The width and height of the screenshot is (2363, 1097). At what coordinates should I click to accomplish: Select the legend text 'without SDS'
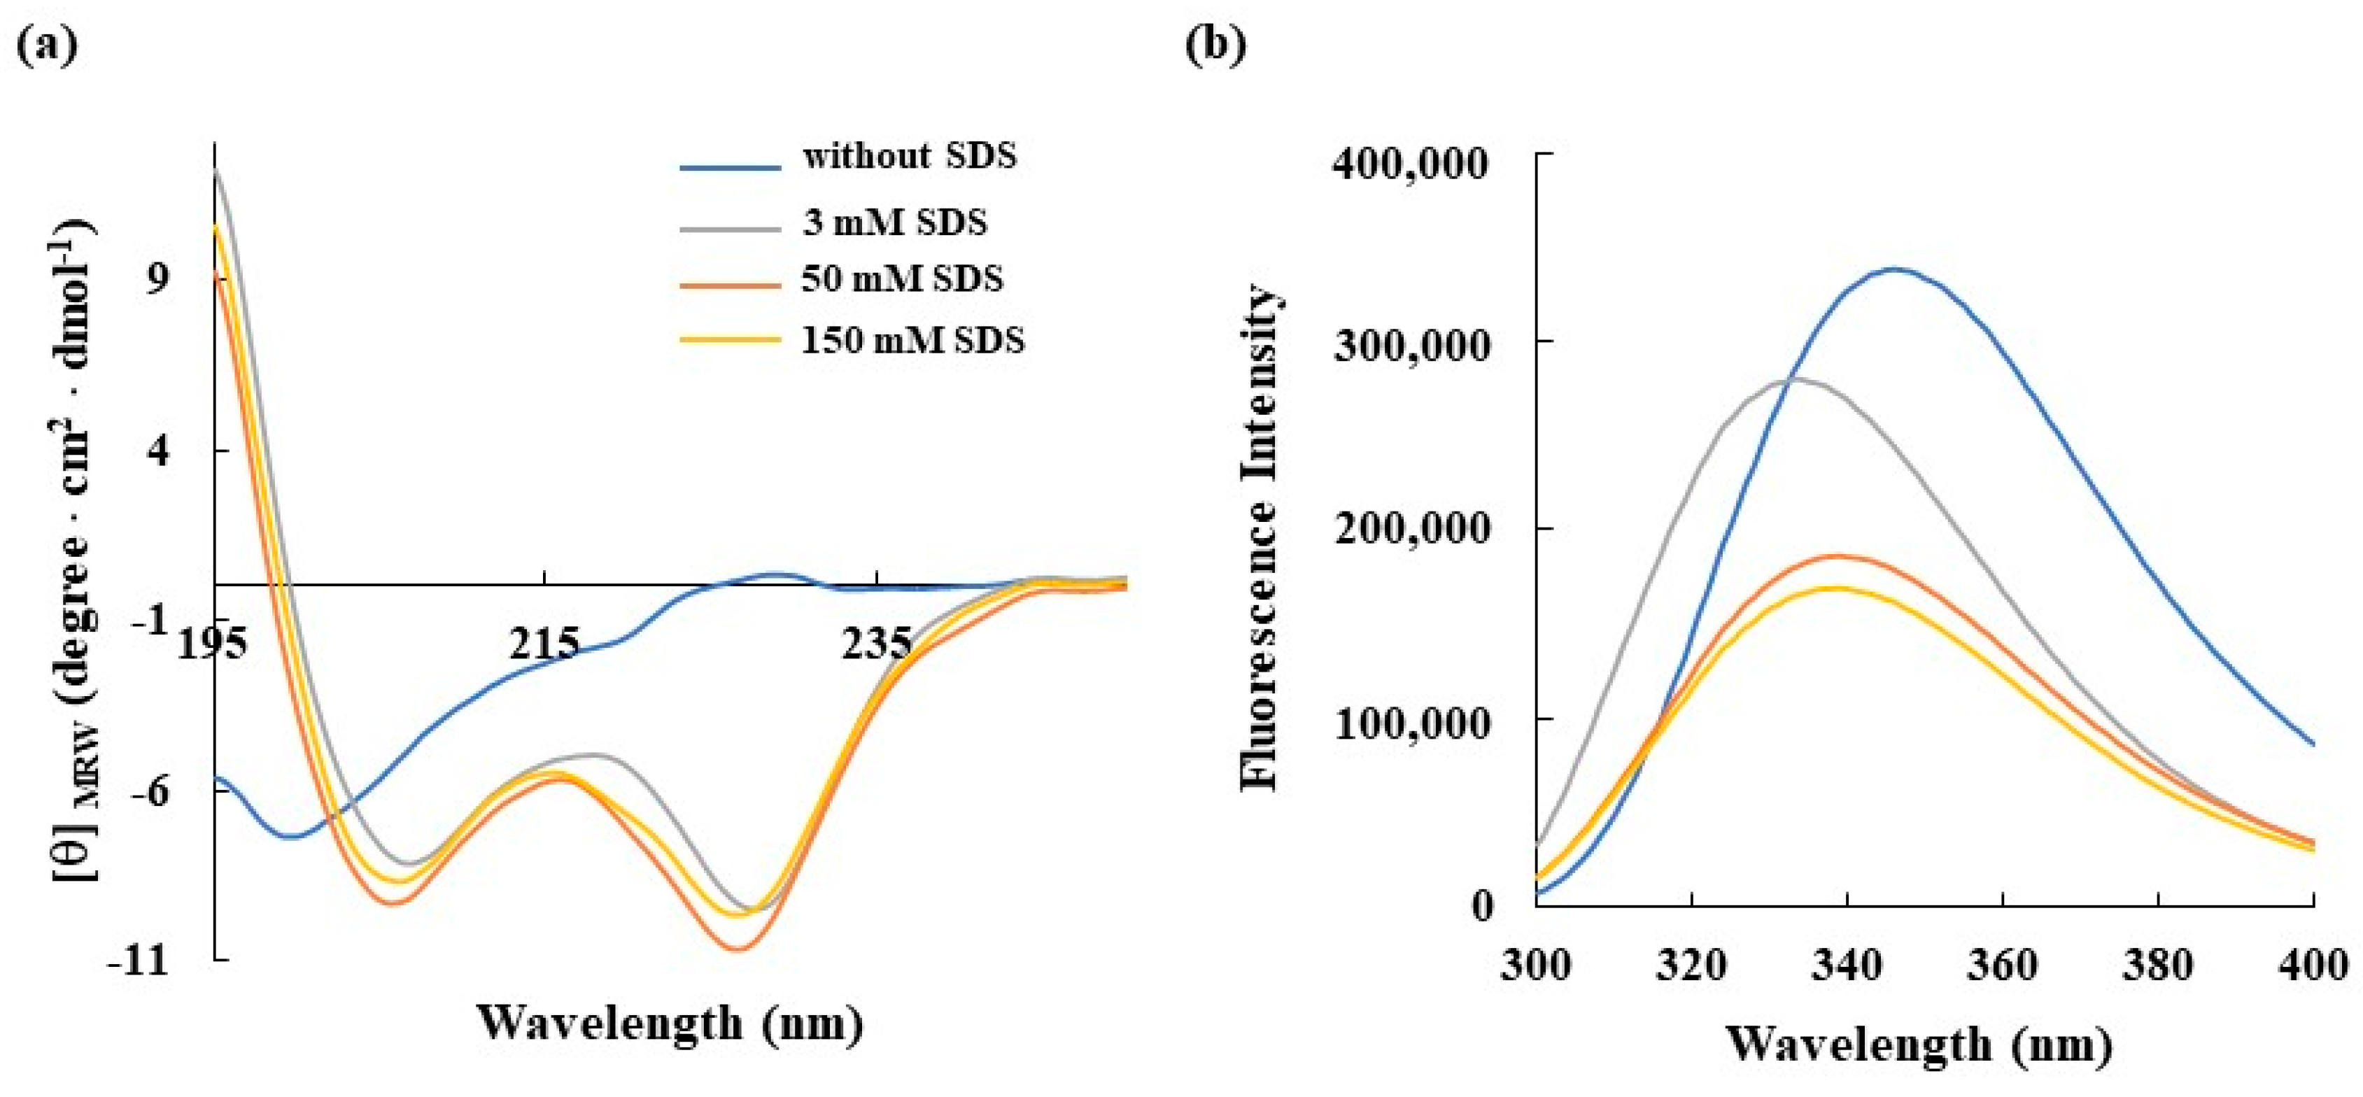click(909, 156)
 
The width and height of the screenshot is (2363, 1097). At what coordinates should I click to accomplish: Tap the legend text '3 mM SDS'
click(894, 222)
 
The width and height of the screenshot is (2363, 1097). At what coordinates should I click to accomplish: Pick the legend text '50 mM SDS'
click(902, 278)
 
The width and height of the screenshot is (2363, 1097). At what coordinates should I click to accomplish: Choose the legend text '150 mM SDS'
click(912, 340)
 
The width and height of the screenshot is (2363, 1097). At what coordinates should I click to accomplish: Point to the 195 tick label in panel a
click(212, 644)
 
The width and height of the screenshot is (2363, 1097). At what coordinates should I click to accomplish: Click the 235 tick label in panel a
click(877, 644)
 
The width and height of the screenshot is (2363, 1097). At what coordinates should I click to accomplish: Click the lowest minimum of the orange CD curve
click(740, 949)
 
